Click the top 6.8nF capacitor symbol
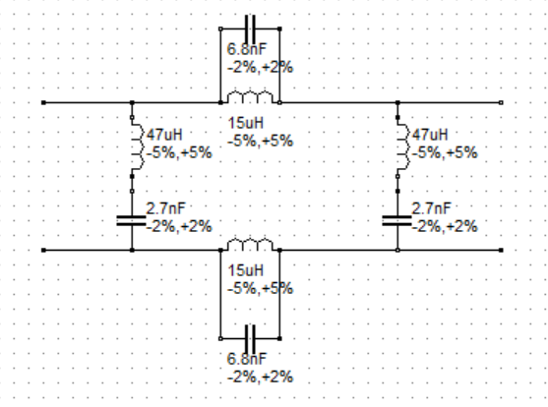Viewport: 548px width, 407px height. click(x=250, y=29)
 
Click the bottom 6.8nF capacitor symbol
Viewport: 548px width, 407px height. click(x=250, y=339)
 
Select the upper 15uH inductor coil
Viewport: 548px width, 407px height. click(x=250, y=97)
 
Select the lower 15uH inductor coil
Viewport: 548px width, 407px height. click(x=250, y=245)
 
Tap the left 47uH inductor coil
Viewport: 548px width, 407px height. click(x=138, y=146)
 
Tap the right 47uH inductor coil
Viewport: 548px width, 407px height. click(x=403, y=146)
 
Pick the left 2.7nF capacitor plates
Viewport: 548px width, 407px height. click(x=131, y=221)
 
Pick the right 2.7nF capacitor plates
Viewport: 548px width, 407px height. click(x=397, y=221)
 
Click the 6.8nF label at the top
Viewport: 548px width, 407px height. click(x=247, y=49)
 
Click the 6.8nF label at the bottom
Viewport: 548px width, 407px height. click(x=247, y=359)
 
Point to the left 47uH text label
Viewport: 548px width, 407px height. click(x=164, y=135)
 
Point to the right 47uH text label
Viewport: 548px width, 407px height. click(x=430, y=135)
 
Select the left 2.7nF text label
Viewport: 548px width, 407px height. click(x=165, y=208)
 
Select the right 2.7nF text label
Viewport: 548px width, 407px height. click(x=431, y=208)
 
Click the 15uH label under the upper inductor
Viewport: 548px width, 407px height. click(x=246, y=123)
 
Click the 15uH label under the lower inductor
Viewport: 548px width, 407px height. click(x=246, y=270)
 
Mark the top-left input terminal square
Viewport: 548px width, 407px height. click(x=43, y=102)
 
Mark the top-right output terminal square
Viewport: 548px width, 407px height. click(x=501, y=102)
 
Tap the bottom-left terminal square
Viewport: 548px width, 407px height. click(x=43, y=250)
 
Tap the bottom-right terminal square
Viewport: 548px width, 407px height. click(x=501, y=250)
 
